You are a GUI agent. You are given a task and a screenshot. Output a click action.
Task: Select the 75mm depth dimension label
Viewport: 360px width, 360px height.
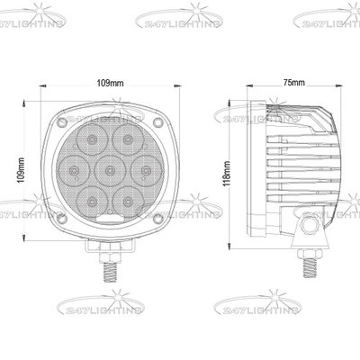[292, 82]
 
